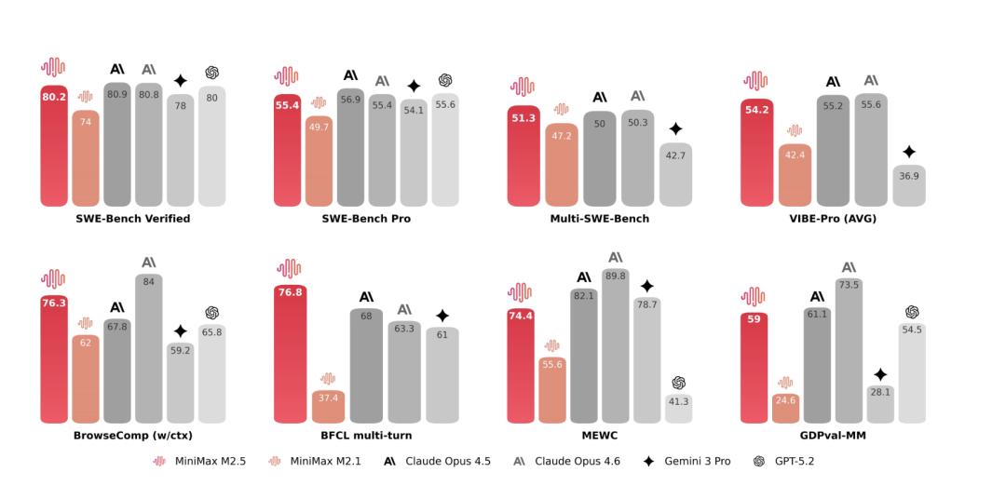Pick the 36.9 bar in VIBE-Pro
pyautogui.click(x=909, y=185)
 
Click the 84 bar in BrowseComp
pyautogui.click(x=149, y=348)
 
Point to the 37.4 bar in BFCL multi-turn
pyautogui.click(x=328, y=407)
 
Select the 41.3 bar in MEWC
pyautogui.click(x=678, y=409)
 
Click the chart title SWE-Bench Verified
pyautogui.click(x=132, y=219)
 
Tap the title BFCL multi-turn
pyautogui.click(x=366, y=436)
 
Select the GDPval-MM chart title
pyautogui.click(x=832, y=436)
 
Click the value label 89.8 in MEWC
pyautogui.click(x=616, y=276)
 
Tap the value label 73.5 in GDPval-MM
pyautogui.click(x=849, y=285)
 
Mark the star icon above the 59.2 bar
pyautogui.click(x=181, y=330)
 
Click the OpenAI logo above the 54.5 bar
pyautogui.click(x=912, y=312)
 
